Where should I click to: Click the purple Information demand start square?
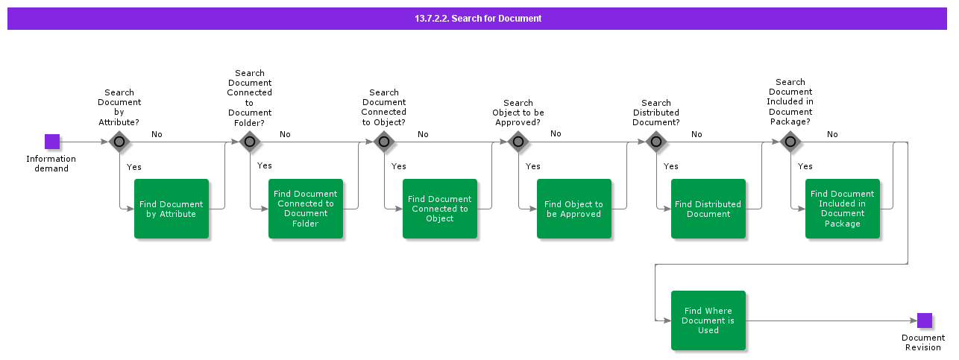[52, 142]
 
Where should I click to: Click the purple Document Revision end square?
[925, 320]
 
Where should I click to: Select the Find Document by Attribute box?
[172, 209]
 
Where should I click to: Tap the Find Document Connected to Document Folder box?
[306, 209]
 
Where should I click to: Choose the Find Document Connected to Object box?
[440, 209]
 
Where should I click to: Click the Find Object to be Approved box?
[574, 209]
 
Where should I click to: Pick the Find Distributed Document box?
[708, 209]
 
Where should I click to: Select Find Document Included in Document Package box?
[843, 209]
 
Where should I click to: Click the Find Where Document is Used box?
[708, 320]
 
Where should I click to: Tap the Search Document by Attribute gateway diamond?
[119, 142]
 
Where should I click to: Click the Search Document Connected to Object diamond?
[384, 142]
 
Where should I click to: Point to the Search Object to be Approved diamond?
[518, 142]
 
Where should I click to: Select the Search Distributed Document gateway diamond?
[656, 142]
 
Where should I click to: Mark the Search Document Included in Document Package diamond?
[790, 142]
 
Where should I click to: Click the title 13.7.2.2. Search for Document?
[478, 19]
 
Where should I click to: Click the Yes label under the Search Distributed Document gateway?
[671, 166]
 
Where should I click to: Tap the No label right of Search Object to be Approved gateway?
[556, 133]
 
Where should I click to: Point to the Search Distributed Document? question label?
[656, 113]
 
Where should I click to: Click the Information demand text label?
[51, 163]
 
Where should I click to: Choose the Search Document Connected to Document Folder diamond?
[250, 142]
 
